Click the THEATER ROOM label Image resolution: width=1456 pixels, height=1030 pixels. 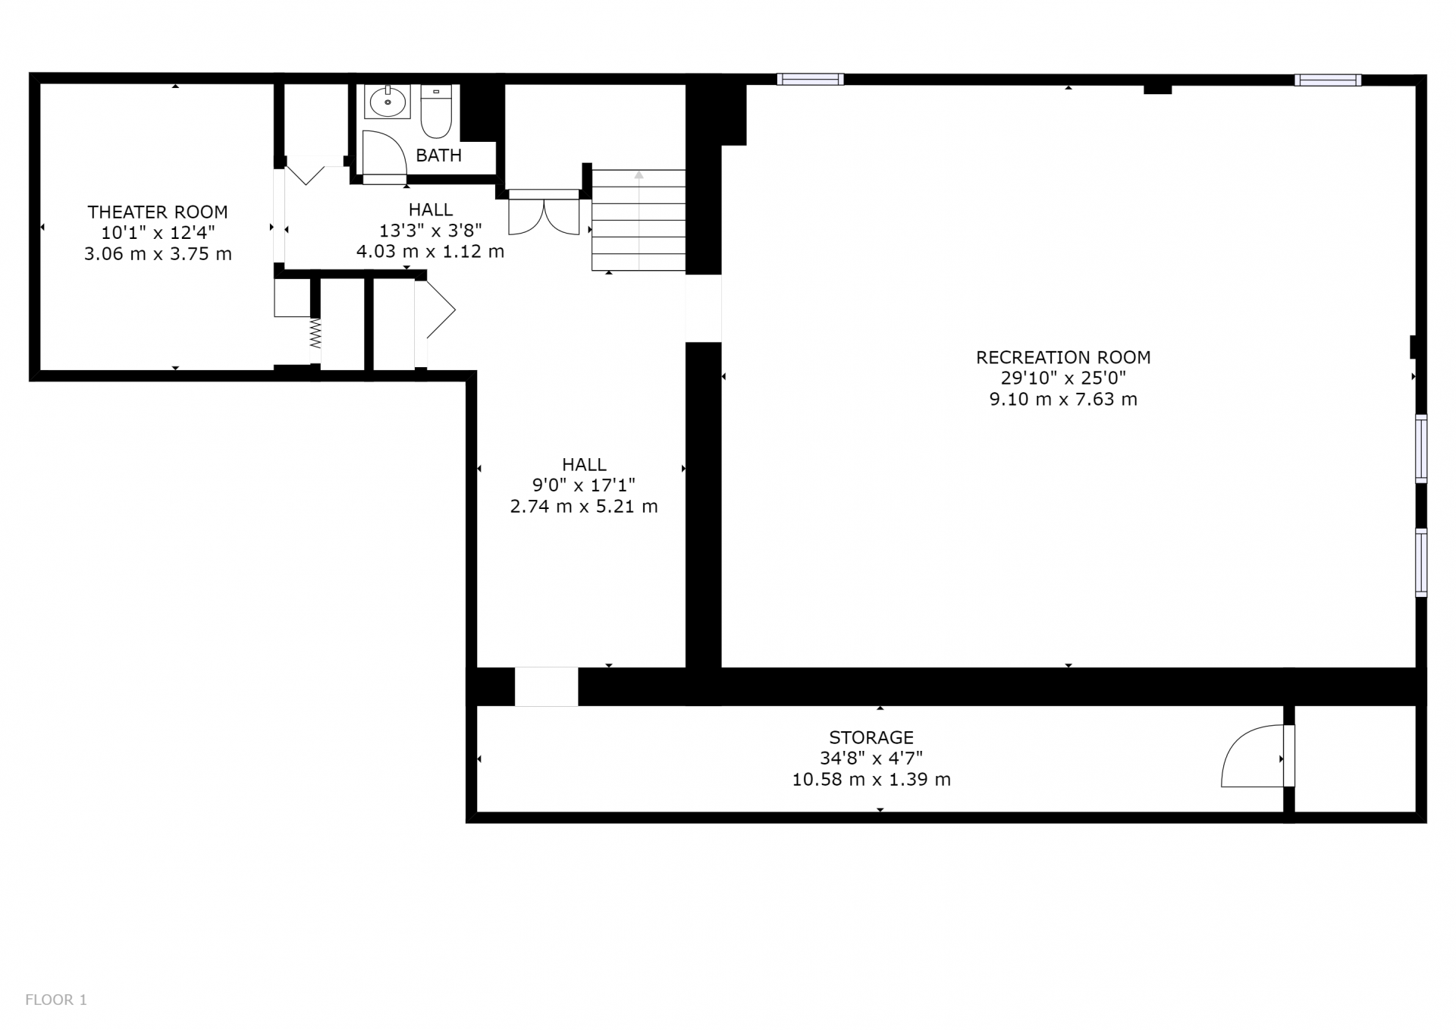[158, 212]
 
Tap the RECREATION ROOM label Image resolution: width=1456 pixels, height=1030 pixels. [1063, 357]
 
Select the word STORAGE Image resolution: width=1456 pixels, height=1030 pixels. [871, 737]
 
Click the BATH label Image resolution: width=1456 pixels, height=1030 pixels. [439, 155]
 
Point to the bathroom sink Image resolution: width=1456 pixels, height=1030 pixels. [388, 102]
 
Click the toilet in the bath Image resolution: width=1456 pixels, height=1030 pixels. [436, 111]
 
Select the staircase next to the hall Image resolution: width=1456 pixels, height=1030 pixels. [639, 220]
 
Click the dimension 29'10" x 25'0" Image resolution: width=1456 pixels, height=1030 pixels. [1063, 378]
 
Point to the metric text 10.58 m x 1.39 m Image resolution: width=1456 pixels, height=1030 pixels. [871, 779]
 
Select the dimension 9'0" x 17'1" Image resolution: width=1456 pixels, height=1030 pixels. [584, 485]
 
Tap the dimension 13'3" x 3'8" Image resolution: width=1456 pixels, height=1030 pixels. [431, 230]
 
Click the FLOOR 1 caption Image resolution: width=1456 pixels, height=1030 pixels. [56, 1000]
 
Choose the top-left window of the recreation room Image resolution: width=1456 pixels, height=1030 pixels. [810, 79]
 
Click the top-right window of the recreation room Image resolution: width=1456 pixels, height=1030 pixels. [1328, 80]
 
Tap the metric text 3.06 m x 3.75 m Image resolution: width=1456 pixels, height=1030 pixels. [158, 254]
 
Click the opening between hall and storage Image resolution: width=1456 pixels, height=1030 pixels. [547, 686]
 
